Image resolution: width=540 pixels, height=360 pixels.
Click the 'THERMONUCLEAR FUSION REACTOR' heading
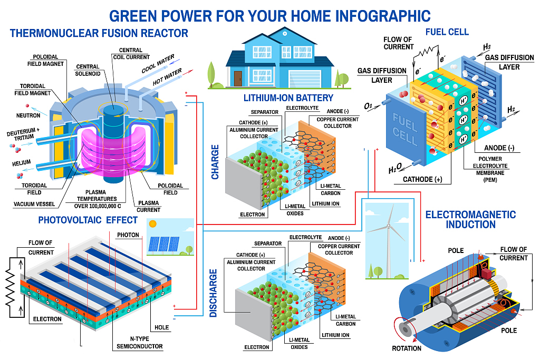(99, 33)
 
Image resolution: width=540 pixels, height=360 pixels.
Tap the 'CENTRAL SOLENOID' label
(88, 70)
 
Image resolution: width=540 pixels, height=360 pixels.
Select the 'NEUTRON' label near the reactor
(28, 115)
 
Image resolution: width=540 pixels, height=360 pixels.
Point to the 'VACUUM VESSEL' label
(34, 204)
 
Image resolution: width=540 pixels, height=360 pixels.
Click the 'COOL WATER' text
(158, 64)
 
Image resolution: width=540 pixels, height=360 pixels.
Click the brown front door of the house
(238, 79)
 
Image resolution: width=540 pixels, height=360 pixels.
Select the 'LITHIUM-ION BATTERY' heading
(288, 98)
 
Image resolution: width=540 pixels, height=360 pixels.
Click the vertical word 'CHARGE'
(215, 162)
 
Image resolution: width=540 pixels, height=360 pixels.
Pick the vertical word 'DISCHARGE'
(214, 293)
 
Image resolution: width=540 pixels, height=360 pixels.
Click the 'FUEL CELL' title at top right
(447, 32)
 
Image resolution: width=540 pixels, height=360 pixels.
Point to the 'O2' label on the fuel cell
(368, 106)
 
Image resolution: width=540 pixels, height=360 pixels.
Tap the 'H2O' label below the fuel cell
(395, 169)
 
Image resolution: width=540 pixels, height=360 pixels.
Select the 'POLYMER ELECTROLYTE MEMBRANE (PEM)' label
(490, 169)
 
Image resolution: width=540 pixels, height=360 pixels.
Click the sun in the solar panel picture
(152, 224)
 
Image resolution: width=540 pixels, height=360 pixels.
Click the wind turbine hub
(389, 227)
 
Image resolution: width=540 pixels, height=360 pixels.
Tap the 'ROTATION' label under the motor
(407, 348)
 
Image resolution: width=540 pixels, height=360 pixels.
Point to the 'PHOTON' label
(128, 235)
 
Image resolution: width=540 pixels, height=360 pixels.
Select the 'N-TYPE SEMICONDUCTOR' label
(139, 343)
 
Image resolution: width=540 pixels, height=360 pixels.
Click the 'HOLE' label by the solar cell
(161, 327)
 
